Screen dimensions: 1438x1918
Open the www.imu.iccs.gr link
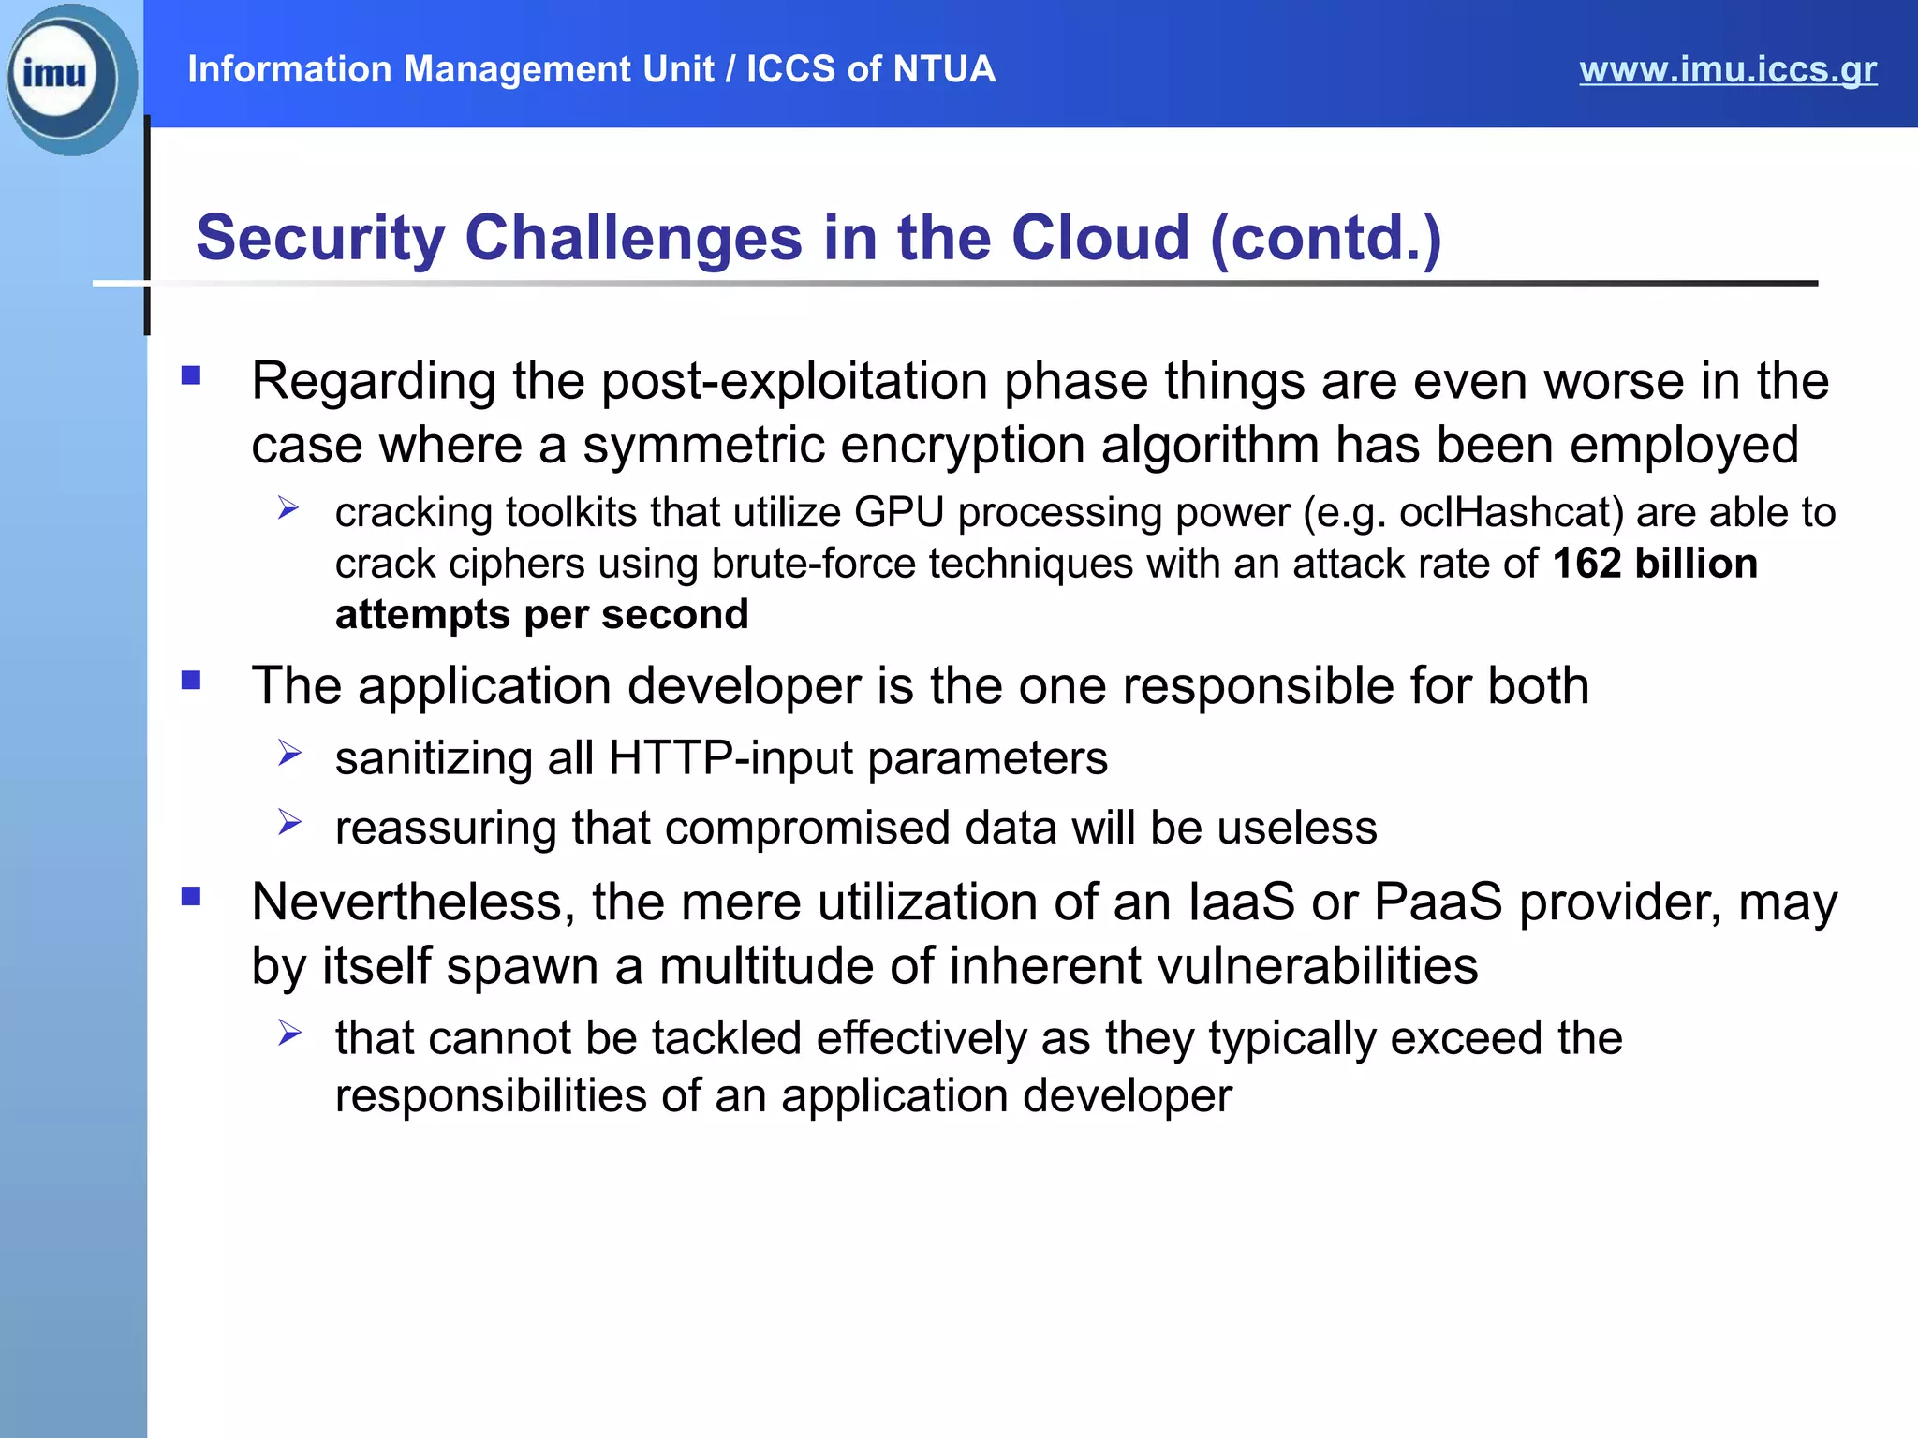[1727, 69]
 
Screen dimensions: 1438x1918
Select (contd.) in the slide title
[1325, 238]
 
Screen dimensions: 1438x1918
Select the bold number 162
[1586, 564]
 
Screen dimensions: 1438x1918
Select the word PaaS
[1437, 902]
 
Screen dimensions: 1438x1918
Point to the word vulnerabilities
[1213, 966]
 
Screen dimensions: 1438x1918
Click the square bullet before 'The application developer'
[191, 681]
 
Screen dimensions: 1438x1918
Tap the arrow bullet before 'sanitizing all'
[288, 754]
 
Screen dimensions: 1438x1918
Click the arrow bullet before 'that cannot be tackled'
[288, 1034]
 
